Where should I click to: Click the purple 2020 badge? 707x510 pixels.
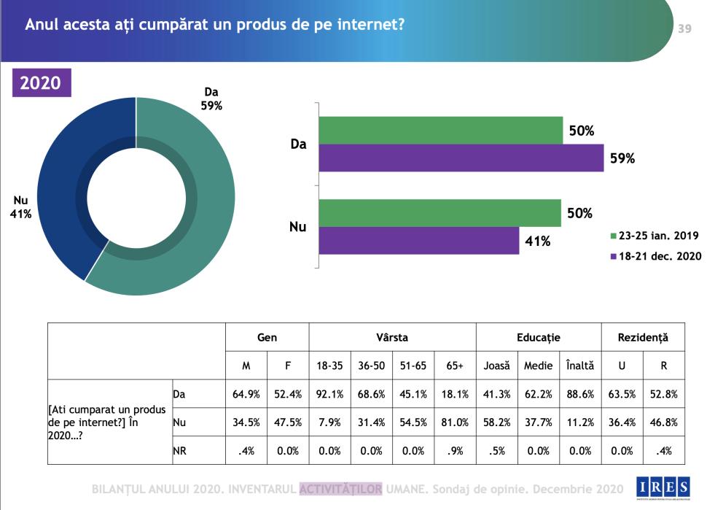(40, 82)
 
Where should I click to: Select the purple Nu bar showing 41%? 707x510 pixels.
(418, 241)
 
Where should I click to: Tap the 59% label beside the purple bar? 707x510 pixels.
(622, 158)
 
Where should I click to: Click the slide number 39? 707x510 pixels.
(684, 28)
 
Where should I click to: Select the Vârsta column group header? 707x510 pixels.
(392, 338)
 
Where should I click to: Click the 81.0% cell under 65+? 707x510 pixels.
(455, 422)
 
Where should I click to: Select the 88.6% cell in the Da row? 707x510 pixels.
(579, 394)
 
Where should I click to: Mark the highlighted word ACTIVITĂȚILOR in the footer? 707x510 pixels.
(340, 488)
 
